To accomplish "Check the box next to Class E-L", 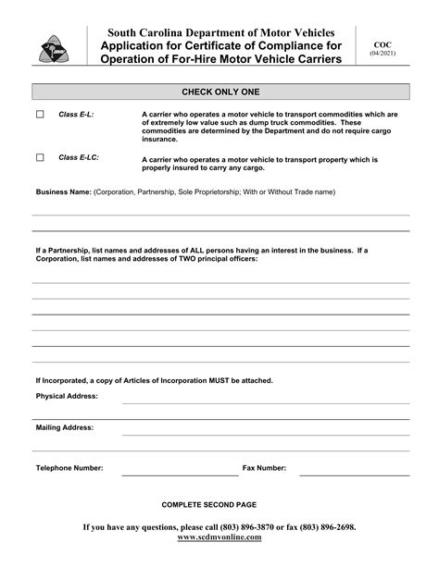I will click(x=40, y=115).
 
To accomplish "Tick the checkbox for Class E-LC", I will click(x=40, y=158).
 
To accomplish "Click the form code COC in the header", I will click(x=382, y=44).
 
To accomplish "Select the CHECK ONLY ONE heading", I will click(x=219, y=92).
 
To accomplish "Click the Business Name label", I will click(x=63, y=192).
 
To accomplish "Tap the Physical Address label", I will click(x=67, y=396).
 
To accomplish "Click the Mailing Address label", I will click(x=64, y=428).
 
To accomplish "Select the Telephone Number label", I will click(x=69, y=468).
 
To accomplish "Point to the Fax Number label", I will click(x=264, y=468).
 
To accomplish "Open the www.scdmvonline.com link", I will click(x=219, y=536).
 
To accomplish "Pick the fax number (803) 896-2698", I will click(x=324, y=526).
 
